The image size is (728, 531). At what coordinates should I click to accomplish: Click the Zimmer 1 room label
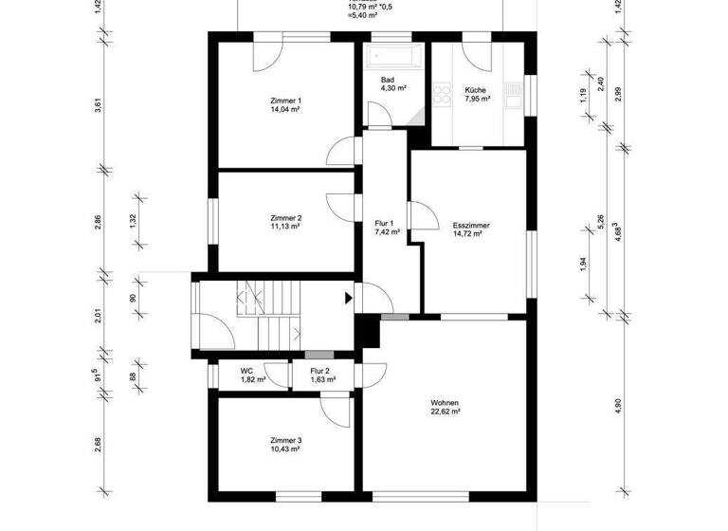pyautogui.click(x=285, y=101)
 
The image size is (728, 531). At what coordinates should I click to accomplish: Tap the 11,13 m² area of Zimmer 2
pyautogui.click(x=285, y=228)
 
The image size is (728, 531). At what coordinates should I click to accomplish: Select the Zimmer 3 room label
pyautogui.click(x=285, y=441)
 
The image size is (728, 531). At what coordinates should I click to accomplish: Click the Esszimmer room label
pyautogui.click(x=470, y=225)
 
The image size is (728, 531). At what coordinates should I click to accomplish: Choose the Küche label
pyautogui.click(x=476, y=89)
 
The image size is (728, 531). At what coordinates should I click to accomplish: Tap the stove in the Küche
pyautogui.click(x=442, y=93)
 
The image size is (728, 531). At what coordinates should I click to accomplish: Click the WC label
pyautogui.click(x=246, y=371)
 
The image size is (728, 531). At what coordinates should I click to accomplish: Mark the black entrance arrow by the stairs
pyautogui.click(x=348, y=298)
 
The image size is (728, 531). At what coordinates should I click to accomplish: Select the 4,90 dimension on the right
pyautogui.click(x=619, y=405)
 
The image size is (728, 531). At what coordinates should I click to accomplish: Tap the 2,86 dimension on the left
pyautogui.click(x=99, y=224)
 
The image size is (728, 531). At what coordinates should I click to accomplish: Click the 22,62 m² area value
pyautogui.click(x=445, y=412)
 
